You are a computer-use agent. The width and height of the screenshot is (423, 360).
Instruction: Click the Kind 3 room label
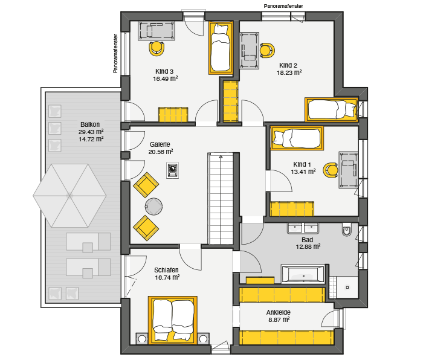click(164, 71)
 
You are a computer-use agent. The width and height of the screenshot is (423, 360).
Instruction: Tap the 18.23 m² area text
click(289, 72)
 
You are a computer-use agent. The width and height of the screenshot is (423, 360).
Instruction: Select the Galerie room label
click(160, 144)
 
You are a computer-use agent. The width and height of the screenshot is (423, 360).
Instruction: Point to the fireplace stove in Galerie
click(172, 170)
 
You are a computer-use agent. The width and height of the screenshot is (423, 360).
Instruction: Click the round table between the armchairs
click(153, 207)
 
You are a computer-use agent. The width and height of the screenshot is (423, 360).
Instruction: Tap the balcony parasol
click(69, 196)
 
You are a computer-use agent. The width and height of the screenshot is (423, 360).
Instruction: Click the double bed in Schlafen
click(173, 320)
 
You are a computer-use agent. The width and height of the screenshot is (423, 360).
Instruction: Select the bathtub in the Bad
click(303, 274)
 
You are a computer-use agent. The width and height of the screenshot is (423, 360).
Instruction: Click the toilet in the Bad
click(347, 230)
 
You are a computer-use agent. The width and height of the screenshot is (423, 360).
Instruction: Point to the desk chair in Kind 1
click(331, 170)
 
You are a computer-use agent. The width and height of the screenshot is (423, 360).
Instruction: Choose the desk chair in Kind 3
click(156, 48)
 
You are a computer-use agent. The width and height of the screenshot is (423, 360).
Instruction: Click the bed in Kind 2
click(332, 109)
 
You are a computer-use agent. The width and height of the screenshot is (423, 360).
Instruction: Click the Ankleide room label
click(279, 312)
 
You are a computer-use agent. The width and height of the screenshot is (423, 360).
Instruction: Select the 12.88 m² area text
click(308, 246)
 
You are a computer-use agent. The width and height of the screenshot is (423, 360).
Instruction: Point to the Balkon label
click(90, 124)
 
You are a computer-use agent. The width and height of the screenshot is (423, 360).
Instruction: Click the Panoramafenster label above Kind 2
click(283, 6)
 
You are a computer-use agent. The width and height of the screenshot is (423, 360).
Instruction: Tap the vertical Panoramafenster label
click(115, 53)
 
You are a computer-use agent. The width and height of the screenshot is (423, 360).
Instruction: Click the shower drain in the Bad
click(347, 288)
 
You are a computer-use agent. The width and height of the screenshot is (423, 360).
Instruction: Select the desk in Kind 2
click(250, 51)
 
